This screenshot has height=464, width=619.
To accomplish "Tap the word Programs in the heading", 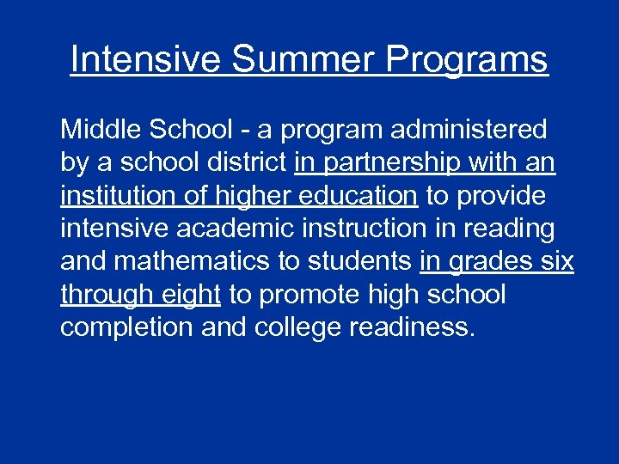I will pos(468,60).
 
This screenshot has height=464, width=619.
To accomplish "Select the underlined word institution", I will pos(110,196).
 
